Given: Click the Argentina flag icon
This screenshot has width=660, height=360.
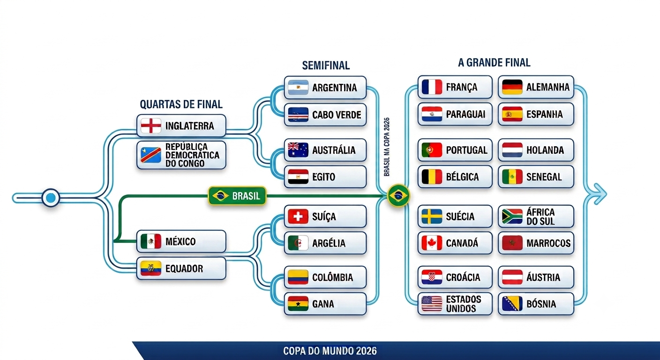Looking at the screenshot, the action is (x=298, y=88).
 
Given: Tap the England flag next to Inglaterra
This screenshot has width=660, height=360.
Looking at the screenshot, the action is (x=151, y=126).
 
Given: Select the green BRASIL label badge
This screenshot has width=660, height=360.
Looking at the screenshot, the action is (x=237, y=195).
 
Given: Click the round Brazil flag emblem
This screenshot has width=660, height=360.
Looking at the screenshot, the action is (x=398, y=195).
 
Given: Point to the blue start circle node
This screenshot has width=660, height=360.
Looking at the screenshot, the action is (x=51, y=198).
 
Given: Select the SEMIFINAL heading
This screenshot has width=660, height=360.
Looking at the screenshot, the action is (x=326, y=66).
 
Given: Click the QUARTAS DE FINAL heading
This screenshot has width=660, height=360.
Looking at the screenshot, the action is (x=181, y=104).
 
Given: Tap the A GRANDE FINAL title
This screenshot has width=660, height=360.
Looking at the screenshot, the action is (x=494, y=63).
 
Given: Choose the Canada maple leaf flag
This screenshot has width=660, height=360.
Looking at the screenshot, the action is (x=432, y=243).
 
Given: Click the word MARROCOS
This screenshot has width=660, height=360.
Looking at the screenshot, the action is (x=548, y=243).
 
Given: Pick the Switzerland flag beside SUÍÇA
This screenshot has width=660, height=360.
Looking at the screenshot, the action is (x=298, y=217).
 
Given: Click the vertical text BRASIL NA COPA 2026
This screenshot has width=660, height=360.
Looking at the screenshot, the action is (x=387, y=147).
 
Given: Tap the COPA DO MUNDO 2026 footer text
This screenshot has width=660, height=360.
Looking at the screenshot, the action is (x=330, y=351).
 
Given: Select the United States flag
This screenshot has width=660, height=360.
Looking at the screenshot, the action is (x=432, y=304).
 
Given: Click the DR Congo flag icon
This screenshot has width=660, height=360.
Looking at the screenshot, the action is (x=151, y=155).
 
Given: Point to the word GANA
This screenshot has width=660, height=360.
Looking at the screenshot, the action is (x=323, y=304).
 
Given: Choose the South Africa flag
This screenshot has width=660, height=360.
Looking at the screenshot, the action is (x=512, y=217).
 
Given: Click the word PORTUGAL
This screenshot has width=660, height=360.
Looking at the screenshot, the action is (x=466, y=150).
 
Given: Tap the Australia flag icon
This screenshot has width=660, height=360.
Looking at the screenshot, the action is (x=298, y=150).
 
